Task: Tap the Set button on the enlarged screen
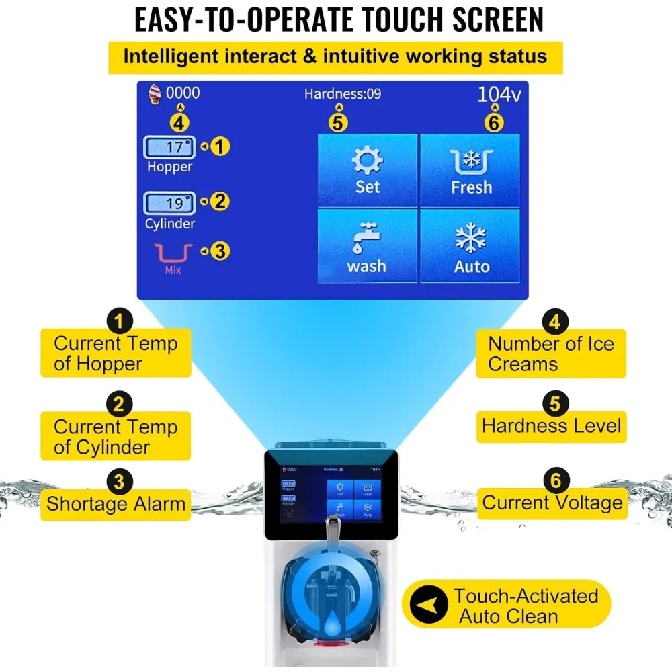tap(368, 170)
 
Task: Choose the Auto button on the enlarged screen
tap(471, 246)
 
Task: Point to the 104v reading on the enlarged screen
tap(499, 95)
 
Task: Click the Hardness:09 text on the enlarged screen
tap(342, 94)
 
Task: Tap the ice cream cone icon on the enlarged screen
tap(155, 93)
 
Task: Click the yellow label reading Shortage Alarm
tap(116, 503)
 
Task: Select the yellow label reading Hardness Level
tap(551, 426)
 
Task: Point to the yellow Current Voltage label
tap(552, 503)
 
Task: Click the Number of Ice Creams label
tap(551, 353)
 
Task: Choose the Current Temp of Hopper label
tap(116, 353)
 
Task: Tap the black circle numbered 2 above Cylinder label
tap(119, 405)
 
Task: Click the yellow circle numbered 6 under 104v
tap(495, 122)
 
